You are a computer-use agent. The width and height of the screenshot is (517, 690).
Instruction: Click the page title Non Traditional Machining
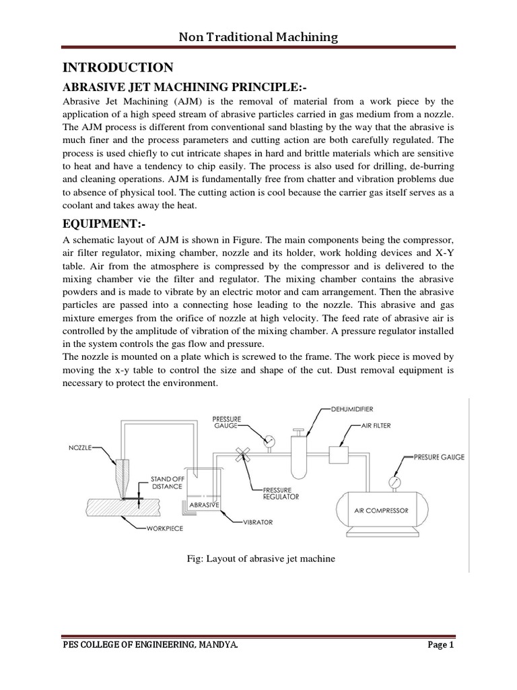click(258, 37)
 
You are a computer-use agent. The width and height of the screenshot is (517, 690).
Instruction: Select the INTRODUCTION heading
click(118, 67)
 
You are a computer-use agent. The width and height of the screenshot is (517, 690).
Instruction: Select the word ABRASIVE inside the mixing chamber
click(203, 504)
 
